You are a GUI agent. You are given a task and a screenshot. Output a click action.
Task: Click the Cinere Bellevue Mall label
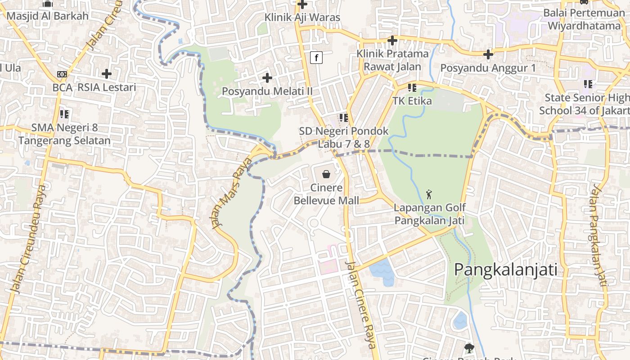coord(326,194)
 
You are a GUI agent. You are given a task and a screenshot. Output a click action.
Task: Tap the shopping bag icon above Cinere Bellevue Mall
coord(326,174)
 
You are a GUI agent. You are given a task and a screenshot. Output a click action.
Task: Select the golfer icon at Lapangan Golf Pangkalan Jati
coord(429,194)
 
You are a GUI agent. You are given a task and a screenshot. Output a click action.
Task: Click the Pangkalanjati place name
coord(505,270)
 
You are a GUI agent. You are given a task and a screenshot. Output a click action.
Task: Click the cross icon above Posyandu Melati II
coord(267,78)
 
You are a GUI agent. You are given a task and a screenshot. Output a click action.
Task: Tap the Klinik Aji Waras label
coord(302,18)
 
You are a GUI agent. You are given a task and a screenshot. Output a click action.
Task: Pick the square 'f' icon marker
coord(316,58)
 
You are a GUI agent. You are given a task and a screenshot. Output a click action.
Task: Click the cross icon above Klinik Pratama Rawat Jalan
coord(392,41)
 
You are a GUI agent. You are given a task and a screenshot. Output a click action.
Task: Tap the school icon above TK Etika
coord(412,88)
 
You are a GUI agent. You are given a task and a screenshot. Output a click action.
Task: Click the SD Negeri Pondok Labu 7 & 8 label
coord(344,137)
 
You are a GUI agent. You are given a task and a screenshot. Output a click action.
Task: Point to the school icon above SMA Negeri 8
coord(64,114)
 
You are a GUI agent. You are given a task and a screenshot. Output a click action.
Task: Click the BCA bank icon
coord(62,74)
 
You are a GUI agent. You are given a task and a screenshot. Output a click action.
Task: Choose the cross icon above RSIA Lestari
coord(107,74)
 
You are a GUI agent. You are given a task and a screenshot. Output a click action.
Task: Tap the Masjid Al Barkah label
coord(47,16)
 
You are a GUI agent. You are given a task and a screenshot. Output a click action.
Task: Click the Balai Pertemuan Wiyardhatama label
coord(584,19)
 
